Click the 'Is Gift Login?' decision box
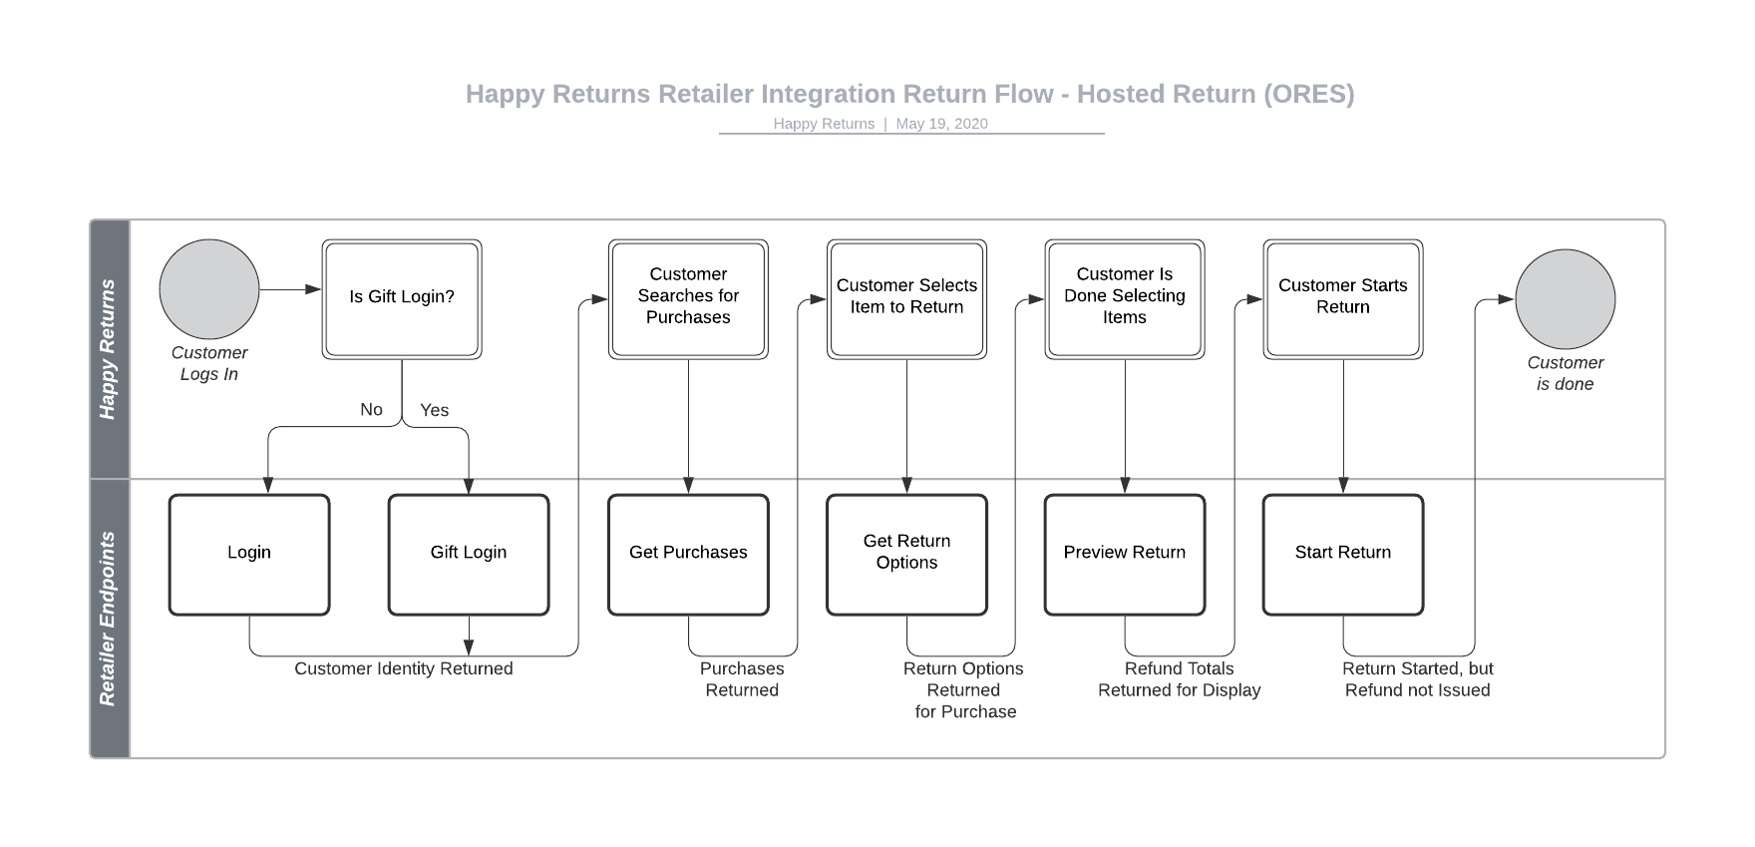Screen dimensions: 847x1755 (x=401, y=298)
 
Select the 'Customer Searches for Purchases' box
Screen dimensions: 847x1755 (x=688, y=298)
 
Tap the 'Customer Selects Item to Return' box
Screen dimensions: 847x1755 (x=906, y=298)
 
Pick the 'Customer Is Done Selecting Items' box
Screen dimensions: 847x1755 (x=1124, y=298)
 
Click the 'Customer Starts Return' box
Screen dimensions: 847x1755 (x=1342, y=298)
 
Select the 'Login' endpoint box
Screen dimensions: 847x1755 (x=248, y=554)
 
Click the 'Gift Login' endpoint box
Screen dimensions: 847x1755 (x=468, y=554)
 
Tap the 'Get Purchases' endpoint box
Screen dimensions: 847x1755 (x=688, y=554)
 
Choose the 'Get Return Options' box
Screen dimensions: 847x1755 (x=906, y=554)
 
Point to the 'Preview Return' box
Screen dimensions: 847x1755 (x=1124, y=554)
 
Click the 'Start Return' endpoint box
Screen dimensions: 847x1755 (x=1342, y=554)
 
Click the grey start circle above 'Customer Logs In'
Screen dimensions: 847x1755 (x=209, y=289)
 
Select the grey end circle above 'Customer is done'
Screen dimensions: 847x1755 (x=1565, y=299)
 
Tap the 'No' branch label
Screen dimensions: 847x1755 (x=371, y=409)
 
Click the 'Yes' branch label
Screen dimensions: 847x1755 (x=434, y=410)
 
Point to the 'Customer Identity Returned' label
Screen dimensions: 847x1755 (x=403, y=668)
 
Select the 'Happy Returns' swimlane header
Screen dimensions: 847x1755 (x=109, y=349)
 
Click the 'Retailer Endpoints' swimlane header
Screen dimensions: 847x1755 (x=109, y=619)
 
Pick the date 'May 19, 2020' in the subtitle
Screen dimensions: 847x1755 (x=941, y=124)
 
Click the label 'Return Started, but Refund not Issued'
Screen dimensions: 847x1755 (x=1417, y=679)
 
